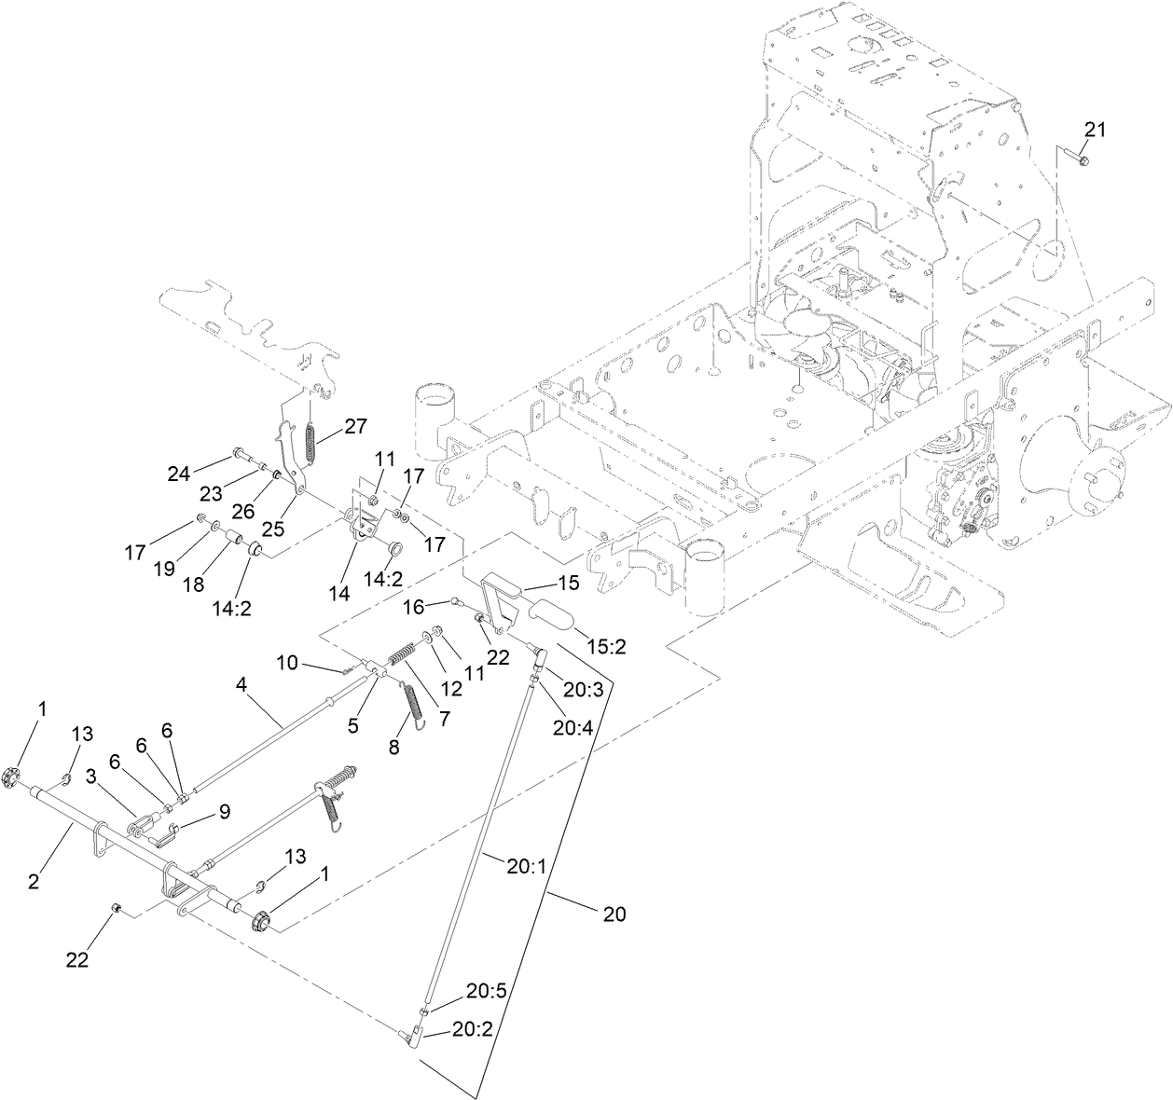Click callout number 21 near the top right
[1094, 130]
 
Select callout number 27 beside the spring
[355, 426]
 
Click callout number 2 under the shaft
[34, 880]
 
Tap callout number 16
[414, 607]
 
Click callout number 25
[272, 529]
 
